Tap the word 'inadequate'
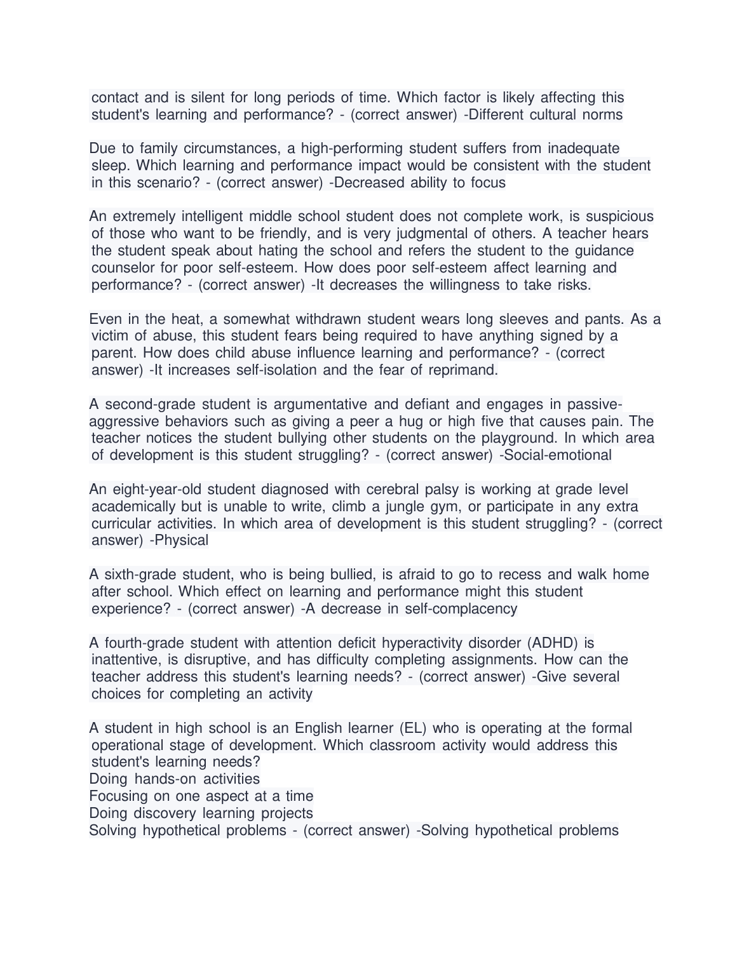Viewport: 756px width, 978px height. pyautogui.click(x=583, y=149)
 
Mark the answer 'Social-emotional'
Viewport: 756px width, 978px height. pyautogui.click(x=557, y=455)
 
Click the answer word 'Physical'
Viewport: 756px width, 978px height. pyautogui.click(x=182, y=540)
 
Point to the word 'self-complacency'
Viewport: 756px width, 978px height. pyautogui.click(x=461, y=609)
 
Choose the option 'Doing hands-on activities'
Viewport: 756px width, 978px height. pyautogui.click(x=175, y=779)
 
